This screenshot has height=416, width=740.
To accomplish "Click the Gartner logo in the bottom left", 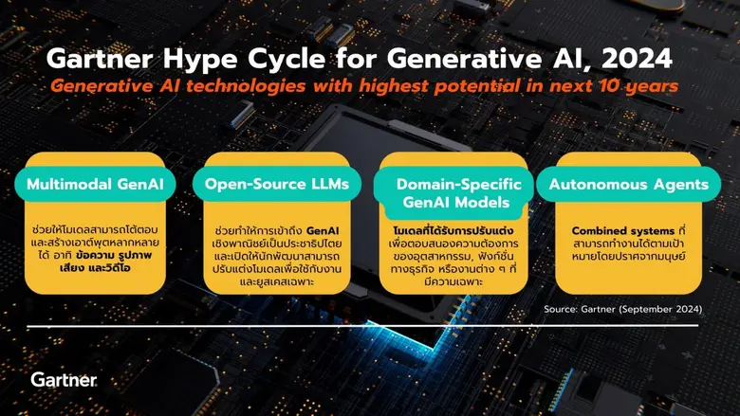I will (64, 380).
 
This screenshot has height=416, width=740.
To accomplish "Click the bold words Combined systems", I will (613, 229).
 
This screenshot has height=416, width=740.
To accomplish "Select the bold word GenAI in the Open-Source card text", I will (323, 229).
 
